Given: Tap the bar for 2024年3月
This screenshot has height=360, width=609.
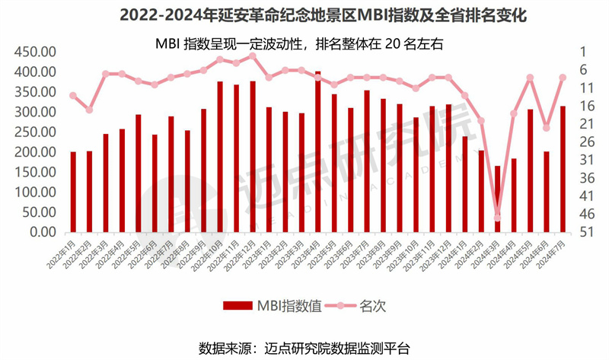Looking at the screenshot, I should pos(498,199).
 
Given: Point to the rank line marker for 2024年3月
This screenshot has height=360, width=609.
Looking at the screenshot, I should pos(498,218).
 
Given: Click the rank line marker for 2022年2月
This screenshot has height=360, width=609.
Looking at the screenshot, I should pos(89,110).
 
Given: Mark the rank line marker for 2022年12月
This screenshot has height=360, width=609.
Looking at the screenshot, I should pos(252,56).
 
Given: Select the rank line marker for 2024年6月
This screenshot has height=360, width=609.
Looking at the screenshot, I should pos(547,128).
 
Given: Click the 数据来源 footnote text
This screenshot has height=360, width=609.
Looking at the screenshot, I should pos(304,348).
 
